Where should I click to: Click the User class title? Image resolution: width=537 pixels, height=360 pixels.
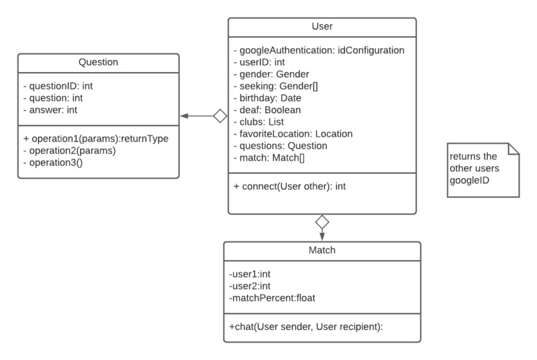click(322, 27)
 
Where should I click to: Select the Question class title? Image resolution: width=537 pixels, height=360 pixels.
click(98, 62)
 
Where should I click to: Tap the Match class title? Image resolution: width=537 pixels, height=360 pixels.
click(322, 251)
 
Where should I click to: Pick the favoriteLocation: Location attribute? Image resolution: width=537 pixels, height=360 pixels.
click(292, 134)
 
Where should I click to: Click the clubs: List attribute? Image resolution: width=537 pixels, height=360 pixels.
click(258, 122)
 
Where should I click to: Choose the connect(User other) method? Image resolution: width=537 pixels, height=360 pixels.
click(290, 187)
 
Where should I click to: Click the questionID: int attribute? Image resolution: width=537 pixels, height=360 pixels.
click(57, 85)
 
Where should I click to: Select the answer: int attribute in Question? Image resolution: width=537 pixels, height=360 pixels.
click(51, 109)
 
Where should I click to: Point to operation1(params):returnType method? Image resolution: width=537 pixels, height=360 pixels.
click(95, 139)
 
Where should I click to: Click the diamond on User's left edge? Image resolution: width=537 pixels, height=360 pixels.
click(221, 116)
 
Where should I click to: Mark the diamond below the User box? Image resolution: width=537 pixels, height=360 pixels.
click(322, 221)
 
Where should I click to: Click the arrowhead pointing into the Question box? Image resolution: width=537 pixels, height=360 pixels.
click(185, 116)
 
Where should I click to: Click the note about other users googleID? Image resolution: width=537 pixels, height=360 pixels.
click(482, 169)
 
